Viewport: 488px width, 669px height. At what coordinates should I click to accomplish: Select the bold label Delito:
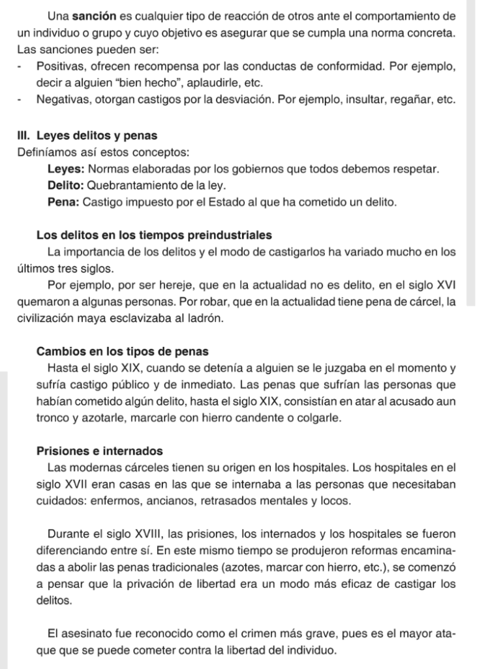coord(65,186)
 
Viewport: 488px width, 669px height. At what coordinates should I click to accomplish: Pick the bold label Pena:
coord(64,203)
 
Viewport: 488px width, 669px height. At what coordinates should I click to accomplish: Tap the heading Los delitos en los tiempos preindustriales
coord(154,235)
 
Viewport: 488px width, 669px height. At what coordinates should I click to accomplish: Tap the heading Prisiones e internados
coord(99,451)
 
